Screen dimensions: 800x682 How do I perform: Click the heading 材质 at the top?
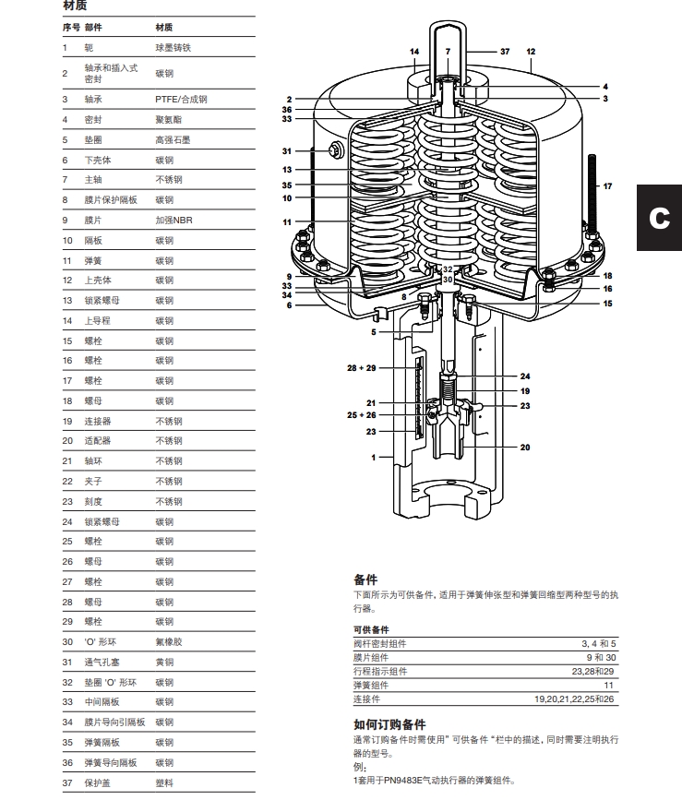pyautogui.click(x=76, y=6)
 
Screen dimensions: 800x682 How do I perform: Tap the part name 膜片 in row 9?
pyautogui.click(x=93, y=221)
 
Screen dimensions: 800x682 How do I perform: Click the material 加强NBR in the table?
pyautogui.click(x=173, y=221)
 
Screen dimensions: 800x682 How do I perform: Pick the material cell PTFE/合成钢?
pyautogui.click(x=181, y=99)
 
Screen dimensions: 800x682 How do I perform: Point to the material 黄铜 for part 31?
pyautogui.click(x=164, y=663)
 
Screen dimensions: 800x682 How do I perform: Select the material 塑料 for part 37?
pyautogui.click(x=164, y=782)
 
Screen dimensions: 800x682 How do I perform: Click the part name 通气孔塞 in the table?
pyautogui.click(x=102, y=663)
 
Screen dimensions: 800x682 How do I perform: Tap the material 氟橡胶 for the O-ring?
pyautogui.click(x=168, y=641)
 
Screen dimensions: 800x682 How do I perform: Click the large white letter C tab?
pyautogui.click(x=659, y=218)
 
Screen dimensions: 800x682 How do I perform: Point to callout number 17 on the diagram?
pyautogui.click(x=607, y=186)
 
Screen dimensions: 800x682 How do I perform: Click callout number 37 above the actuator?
pyautogui.click(x=505, y=52)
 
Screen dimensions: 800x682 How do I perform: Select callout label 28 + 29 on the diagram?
pyautogui.click(x=362, y=367)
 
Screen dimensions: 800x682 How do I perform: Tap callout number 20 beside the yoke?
pyautogui.click(x=525, y=448)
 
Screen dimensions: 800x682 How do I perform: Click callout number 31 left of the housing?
pyautogui.click(x=286, y=151)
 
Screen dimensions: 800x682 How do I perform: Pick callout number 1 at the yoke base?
pyautogui.click(x=375, y=457)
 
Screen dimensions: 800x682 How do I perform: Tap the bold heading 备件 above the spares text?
pyautogui.click(x=365, y=579)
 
